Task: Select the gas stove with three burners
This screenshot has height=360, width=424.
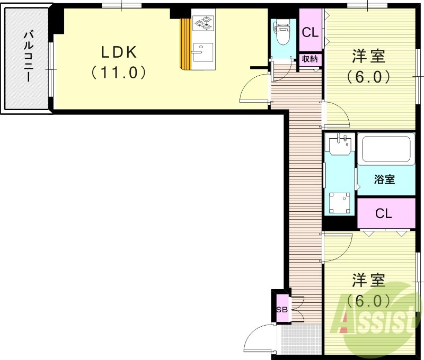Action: (202, 23)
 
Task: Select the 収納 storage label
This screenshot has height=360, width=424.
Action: (310, 59)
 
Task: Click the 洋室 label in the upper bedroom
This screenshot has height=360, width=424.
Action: (368, 56)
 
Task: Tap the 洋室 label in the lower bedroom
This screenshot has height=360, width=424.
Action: (368, 280)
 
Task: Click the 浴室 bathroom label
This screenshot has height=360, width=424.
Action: (385, 179)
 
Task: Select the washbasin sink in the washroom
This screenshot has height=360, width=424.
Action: (339, 144)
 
